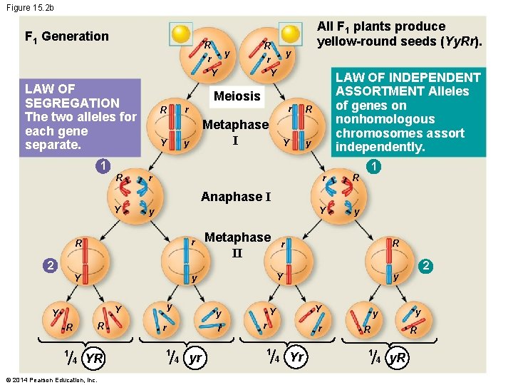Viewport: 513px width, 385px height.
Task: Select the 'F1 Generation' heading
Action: pyautogui.click(x=66, y=36)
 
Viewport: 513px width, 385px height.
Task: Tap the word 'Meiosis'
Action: pyautogui.click(x=237, y=96)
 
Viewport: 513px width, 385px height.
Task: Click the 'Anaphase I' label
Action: pyautogui.click(x=236, y=197)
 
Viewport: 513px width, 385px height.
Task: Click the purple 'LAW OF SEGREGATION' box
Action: pyautogui.click(x=80, y=117)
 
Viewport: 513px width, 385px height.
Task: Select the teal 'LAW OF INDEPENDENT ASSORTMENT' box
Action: pyautogui.click(x=408, y=112)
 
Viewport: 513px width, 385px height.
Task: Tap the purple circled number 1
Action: pyautogui.click(x=103, y=166)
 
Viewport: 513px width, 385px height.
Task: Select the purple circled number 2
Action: pyautogui.click(x=48, y=266)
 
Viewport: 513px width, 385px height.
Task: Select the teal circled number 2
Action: pyautogui.click(x=425, y=266)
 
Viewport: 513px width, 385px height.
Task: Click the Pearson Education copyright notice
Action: pyautogui.click(x=50, y=379)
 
